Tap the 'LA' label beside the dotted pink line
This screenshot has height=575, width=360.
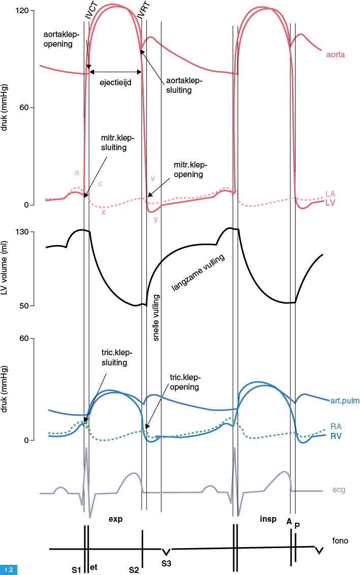point(330,194)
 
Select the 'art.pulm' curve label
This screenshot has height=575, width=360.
point(344,400)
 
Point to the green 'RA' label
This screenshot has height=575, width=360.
point(336,426)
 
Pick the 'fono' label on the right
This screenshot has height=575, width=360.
point(340,541)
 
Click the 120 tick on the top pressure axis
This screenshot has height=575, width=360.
point(25,11)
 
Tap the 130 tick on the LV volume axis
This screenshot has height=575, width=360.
point(25,232)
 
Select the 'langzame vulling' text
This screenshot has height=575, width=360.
point(198,273)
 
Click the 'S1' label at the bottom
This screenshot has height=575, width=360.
point(76,569)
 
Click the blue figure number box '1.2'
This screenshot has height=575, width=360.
point(9,569)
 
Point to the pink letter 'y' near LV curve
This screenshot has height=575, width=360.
point(156,219)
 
